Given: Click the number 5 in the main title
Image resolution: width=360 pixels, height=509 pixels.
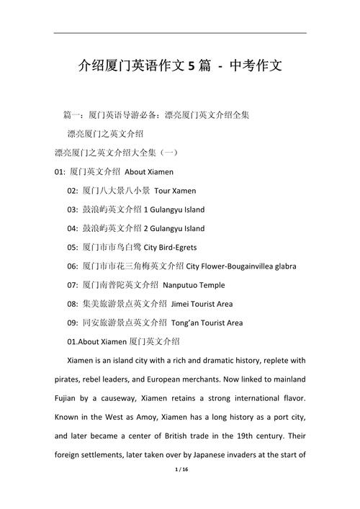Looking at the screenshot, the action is point(192,66).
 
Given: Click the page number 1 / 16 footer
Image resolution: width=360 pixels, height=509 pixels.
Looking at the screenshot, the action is point(179,489).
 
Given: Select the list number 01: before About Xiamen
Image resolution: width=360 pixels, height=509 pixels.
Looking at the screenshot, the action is point(61,172).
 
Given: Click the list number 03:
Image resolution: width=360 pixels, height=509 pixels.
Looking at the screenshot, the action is point(73,210).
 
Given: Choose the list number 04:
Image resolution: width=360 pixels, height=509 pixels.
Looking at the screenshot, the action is point(73,228).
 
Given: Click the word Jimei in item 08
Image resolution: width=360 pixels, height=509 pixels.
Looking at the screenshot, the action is point(181,303).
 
